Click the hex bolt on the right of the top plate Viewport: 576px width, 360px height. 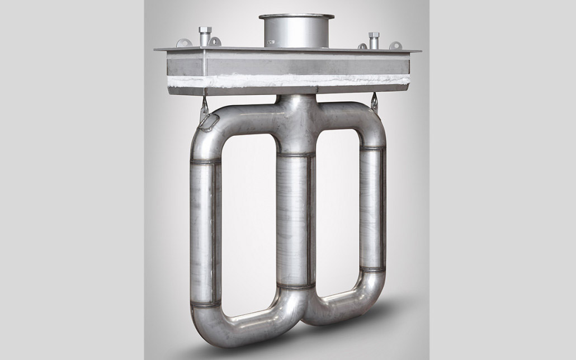click(374, 40)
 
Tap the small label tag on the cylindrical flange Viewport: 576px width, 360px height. click(270, 41)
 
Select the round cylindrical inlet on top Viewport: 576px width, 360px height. click(296, 31)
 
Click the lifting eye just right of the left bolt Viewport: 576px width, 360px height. click(216, 41)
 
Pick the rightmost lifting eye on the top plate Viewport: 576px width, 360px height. click(395, 45)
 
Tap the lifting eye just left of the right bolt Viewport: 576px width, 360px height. click(363, 46)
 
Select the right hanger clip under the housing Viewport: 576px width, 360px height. click(374, 102)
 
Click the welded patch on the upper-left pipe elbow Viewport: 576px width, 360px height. click(207, 122)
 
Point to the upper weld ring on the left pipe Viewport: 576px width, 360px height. click(205, 163)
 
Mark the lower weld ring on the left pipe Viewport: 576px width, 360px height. click(204, 304)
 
